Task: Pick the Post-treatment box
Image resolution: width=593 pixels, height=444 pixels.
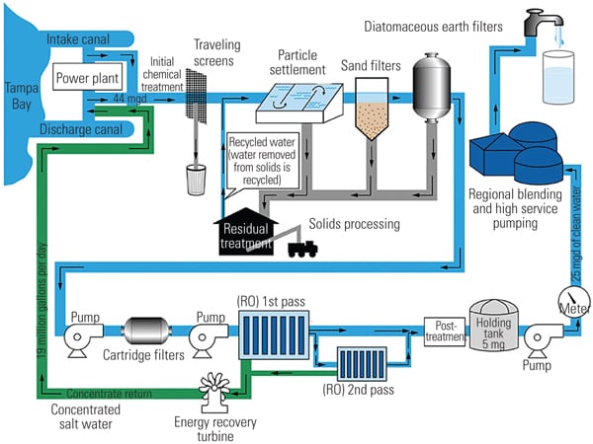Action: [x=443, y=330]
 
